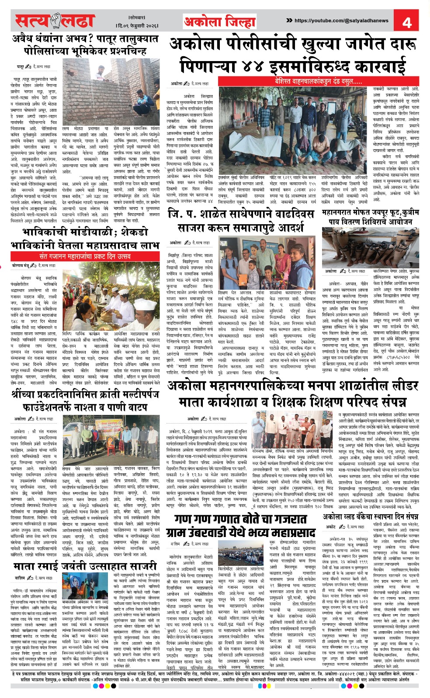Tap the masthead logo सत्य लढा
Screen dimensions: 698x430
pyautogui.click(x=55, y=21)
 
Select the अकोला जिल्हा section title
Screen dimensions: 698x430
pyautogui.click(x=219, y=21)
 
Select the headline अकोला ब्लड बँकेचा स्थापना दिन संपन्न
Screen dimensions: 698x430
pyautogui.click(x=370, y=517)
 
